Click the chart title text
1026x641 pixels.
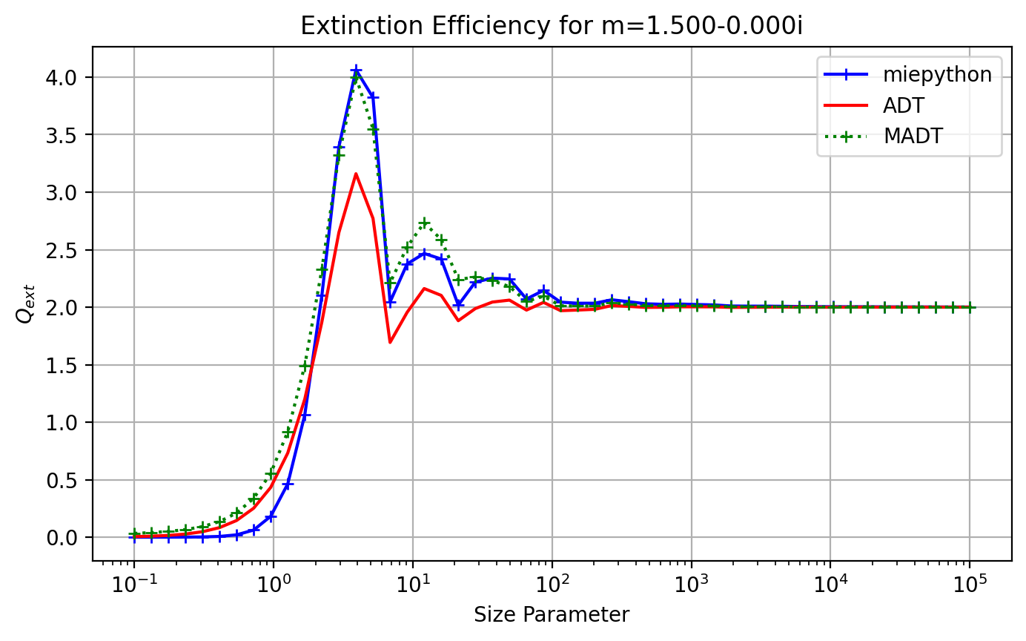point(552,26)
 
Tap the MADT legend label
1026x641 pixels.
point(913,137)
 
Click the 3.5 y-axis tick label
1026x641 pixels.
point(61,135)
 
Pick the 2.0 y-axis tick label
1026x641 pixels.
point(61,308)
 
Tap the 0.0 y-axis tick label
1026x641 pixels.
point(61,538)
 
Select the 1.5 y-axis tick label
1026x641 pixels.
point(61,366)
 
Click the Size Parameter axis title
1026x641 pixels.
point(552,615)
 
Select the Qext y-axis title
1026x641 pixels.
point(25,303)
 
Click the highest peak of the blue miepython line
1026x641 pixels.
point(356,70)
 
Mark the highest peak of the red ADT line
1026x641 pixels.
point(356,174)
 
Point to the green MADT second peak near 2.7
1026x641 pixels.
point(425,223)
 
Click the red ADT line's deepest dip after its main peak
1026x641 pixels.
point(390,343)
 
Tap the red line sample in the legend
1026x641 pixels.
point(846,105)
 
